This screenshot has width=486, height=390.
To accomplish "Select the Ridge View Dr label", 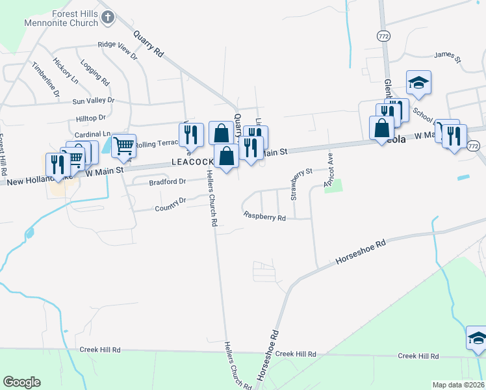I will [x=118, y=50].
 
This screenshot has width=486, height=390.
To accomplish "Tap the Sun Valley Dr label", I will [x=93, y=101].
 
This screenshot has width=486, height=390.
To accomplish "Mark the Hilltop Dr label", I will [x=90, y=118].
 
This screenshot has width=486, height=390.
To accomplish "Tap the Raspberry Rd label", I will [x=264, y=216].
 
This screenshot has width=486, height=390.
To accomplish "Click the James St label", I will [x=447, y=59].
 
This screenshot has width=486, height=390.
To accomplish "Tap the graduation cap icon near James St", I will [x=418, y=83].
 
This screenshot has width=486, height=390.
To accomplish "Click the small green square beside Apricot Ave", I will [x=333, y=185].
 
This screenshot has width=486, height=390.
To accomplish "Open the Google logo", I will [x=21, y=382].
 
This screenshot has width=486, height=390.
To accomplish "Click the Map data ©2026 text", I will [x=457, y=385].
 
